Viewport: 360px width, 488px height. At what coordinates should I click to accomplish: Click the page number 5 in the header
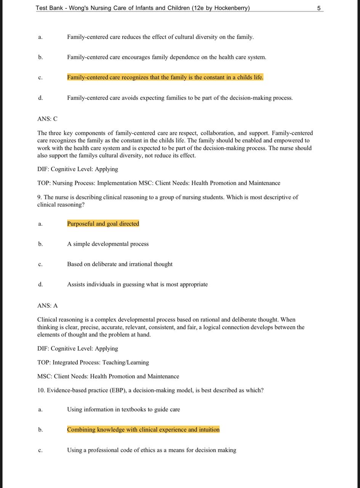point(319,8)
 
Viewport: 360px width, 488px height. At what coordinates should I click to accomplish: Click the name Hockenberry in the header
point(231,8)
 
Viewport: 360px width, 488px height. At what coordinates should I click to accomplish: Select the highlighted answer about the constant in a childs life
point(165,77)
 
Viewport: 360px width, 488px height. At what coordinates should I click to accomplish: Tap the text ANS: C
point(47,119)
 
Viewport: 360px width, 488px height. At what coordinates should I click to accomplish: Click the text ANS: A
point(47,305)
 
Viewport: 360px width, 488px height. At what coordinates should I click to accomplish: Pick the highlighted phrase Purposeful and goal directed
point(103,224)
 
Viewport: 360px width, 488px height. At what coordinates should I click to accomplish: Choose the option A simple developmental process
point(108,244)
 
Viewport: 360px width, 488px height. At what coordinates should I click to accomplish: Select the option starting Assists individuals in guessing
point(137,284)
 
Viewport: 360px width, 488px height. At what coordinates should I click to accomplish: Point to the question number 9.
point(39,197)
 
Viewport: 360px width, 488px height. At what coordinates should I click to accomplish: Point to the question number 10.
point(41,390)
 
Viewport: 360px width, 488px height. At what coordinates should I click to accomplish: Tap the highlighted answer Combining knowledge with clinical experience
point(143,430)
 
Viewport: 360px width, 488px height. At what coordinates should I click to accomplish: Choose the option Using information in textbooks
point(123,409)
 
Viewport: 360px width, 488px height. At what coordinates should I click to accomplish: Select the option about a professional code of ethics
point(151,450)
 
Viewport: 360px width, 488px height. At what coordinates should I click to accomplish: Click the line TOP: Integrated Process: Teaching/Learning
point(93,363)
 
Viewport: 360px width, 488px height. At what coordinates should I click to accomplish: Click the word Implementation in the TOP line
point(117,183)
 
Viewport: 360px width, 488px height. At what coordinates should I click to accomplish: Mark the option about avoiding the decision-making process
point(180,98)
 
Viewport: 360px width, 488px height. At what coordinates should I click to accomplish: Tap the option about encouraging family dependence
point(166,57)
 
